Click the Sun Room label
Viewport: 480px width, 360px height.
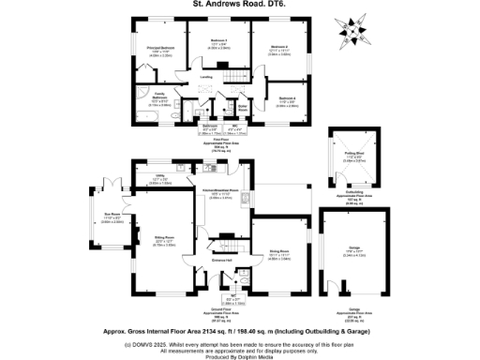pyautogui.click(x=112, y=217)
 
